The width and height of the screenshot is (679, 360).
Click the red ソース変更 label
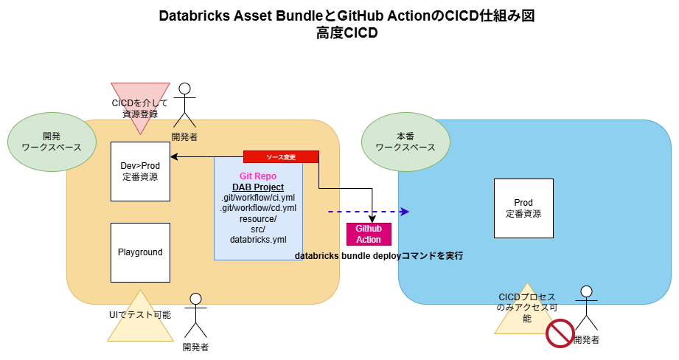point(281,156)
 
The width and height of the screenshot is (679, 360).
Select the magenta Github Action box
point(369,234)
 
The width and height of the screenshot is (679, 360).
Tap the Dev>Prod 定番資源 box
point(140,171)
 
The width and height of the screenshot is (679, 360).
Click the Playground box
point(140,252)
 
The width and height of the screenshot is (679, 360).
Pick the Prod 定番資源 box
point(523,208)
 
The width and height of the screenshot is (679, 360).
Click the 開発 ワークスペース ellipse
point(52,142)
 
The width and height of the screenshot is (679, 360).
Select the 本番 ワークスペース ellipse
point(405,142)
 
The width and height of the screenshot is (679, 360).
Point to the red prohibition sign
point(560,333)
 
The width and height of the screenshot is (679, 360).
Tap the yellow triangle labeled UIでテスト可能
point(140,317)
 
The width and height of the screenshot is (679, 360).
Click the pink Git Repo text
point(258,176)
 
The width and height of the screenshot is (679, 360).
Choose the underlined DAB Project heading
point(258,187)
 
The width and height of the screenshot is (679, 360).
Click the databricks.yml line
point(258,240)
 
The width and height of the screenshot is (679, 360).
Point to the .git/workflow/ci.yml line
point(258,198)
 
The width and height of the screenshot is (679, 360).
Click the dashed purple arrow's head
point(404,212)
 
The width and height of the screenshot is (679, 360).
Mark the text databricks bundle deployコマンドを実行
point(379,255)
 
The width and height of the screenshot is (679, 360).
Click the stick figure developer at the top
point(184,107)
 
